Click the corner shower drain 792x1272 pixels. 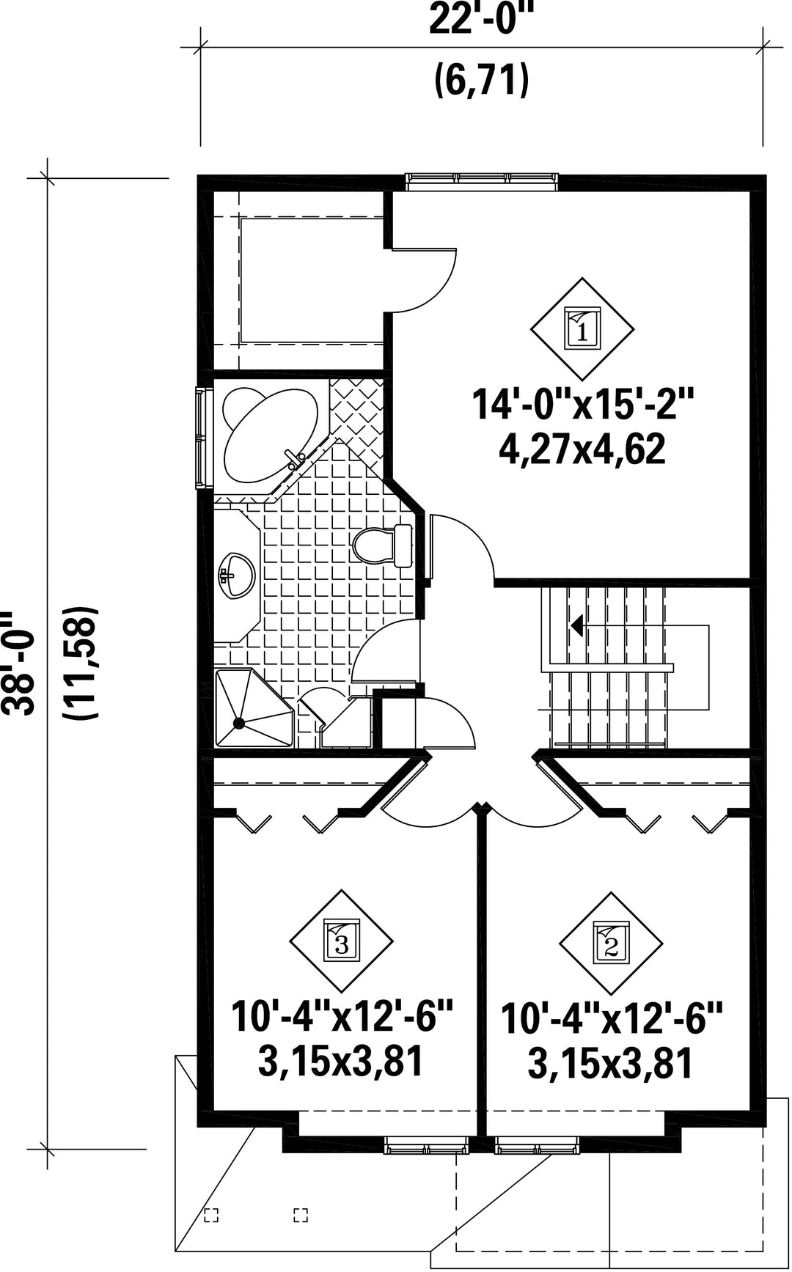238,723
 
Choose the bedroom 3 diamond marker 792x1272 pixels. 342,941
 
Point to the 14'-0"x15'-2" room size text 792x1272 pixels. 583,405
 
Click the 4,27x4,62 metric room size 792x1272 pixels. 583,449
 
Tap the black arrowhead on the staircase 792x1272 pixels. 577,625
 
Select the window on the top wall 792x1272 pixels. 483,178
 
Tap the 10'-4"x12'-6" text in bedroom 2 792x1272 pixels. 612,1019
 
